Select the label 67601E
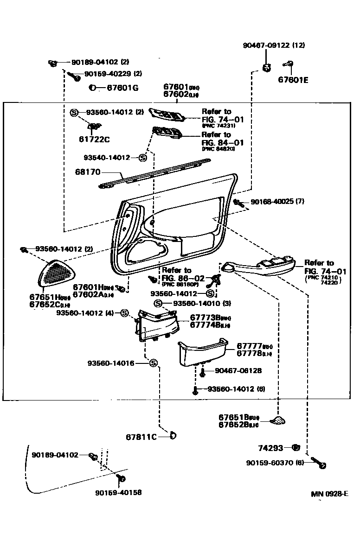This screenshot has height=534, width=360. coord(293,79)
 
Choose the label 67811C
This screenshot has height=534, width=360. coord(141,437)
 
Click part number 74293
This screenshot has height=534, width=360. coord(270,448)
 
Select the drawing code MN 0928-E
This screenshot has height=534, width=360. coord(329,494)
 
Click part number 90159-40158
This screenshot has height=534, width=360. coord(119,492)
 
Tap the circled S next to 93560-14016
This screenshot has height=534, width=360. coord(154,363)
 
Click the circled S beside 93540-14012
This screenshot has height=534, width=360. coord(142,158)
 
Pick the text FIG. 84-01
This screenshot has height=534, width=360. coord(222,142)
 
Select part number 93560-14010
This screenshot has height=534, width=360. coord(195,303)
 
